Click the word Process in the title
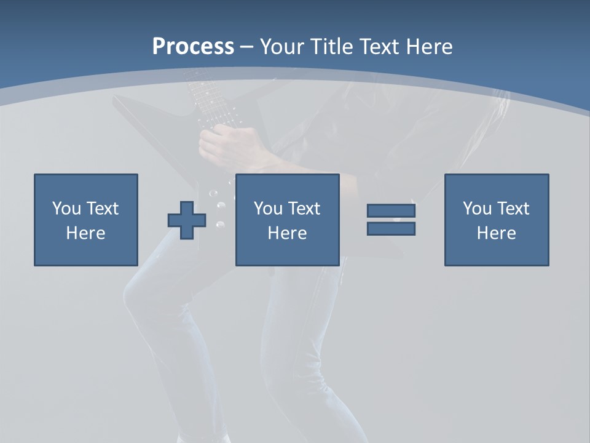click(193, 47)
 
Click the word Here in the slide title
click(430, 47)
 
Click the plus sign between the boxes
click(187, 220)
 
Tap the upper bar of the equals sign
click(391, 211)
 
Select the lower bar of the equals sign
click(391, 229)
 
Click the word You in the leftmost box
click(66, 209)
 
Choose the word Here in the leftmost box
click(85, 233)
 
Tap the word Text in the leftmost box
click(102, 209)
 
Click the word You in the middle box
click(268, 209)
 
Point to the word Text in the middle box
click(304, 209)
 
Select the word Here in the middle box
click(287, 233)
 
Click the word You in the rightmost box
click(477, 209)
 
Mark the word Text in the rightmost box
click(513, 209)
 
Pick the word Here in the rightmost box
click(496, 233)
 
